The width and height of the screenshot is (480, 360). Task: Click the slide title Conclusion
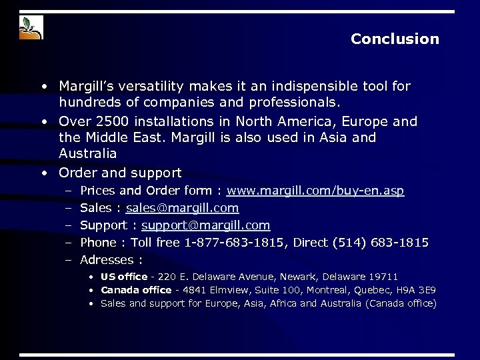tap(395, 39)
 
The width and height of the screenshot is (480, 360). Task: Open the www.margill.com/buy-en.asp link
tap(315, 191)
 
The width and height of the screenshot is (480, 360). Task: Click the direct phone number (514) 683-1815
tap(385, 242)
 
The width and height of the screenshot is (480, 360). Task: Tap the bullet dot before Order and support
tap(44, 173)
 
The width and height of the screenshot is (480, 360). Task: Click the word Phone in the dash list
tap(98, 242)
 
